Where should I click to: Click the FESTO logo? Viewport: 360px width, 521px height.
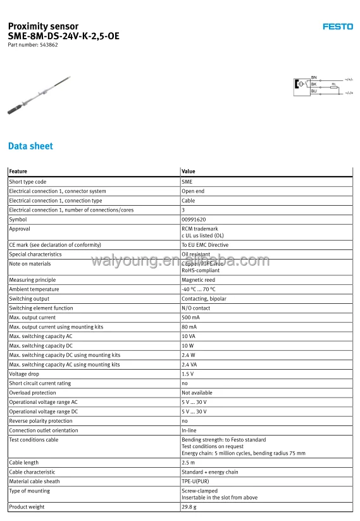338,27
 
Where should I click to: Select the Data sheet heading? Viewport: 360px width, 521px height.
30,146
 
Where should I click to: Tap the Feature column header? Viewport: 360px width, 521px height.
18,172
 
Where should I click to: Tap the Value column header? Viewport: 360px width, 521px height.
189,172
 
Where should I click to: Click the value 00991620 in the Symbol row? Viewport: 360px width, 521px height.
194,220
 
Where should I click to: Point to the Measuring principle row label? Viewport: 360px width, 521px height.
32,280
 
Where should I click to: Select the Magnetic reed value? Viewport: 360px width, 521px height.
198,280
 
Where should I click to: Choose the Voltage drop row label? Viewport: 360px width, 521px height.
24,374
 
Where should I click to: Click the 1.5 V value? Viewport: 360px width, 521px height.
188,374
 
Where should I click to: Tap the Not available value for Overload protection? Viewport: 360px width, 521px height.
197,392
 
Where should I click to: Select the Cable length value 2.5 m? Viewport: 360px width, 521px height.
188,463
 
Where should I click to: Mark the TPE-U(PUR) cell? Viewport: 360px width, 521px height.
196,482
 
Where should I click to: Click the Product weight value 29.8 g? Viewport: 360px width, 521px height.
189,507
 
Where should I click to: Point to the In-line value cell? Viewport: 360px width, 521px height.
189,430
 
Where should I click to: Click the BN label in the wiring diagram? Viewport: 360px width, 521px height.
314,77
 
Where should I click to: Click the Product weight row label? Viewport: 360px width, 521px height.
27,507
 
